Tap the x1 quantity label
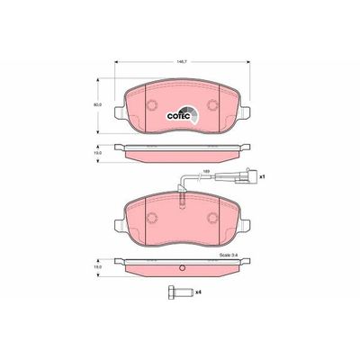coord(262,178)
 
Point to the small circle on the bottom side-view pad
coord(183,267)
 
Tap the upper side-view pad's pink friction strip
coord(183,156)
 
